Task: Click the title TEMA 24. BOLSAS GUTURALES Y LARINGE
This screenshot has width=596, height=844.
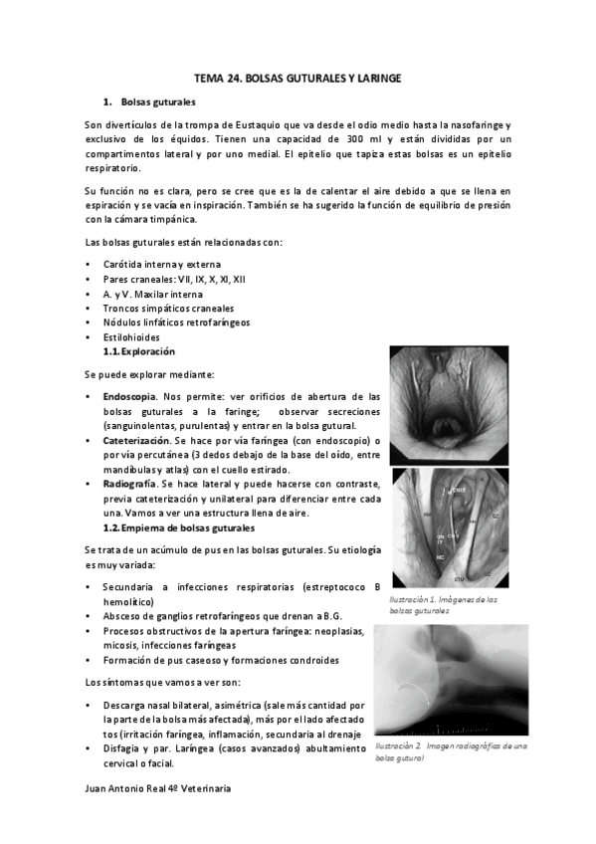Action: [298, 77]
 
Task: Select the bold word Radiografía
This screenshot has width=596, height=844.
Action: [132, 483]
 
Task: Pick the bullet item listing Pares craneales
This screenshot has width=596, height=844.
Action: [167, 280]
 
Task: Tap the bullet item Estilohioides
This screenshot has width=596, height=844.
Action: [133, 337]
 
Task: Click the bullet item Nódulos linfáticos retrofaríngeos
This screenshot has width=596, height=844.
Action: [176, 323]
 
